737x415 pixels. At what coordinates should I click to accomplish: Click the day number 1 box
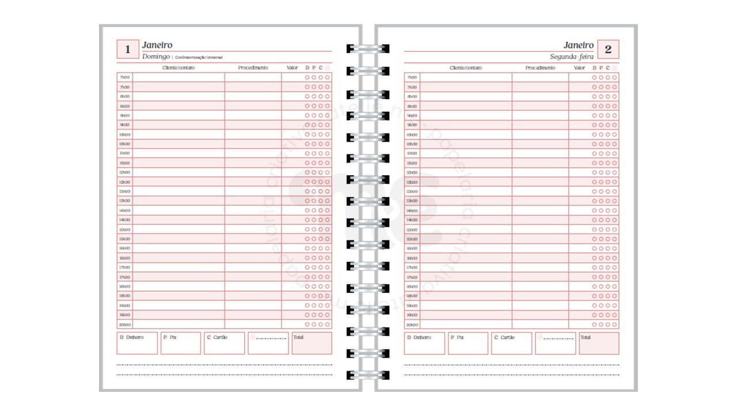click(x=128, y=50)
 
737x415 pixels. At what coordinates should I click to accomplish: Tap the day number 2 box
click(x=608, y=50)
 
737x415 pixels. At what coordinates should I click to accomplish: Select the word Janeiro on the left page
click(x=157, y=45)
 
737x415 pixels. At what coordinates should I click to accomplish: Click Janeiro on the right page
click(x=578, y=45)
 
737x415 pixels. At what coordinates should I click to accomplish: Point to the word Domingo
click(x=156, y=56)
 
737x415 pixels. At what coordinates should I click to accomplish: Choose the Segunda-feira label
click(x=572, y=56)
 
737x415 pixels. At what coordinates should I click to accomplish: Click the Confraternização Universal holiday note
click(x=199, y=58)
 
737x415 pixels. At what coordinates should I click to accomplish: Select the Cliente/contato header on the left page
click(x=178, y=68)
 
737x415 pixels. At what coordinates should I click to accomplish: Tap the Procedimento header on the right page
click(x=540, y=68)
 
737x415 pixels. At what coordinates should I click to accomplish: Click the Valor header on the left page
click(x=292, y=68)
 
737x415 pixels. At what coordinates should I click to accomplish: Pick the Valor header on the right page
click(x=579, y=68)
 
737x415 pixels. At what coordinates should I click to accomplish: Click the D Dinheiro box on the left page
click(x=137, y=343)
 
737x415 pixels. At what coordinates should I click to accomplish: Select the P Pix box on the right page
click(x=468, y=343)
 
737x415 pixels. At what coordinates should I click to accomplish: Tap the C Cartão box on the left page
click(x=225, y=343)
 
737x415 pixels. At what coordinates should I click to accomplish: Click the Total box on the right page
click(x=599, y=343)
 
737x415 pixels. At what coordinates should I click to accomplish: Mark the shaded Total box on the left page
click(x=311, y=343)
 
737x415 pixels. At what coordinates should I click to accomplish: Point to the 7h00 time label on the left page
click(x=124, y=77)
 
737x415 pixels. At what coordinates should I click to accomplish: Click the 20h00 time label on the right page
click(x=412, y=325)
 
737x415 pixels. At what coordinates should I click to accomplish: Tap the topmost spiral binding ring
click(x=368, y=48)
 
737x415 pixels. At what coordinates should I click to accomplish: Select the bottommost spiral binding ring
click(x=368, y=375)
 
